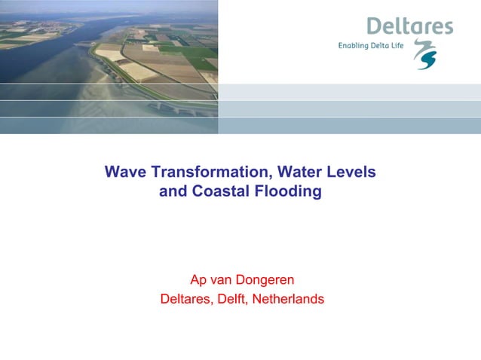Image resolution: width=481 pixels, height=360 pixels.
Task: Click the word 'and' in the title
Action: click(x=173, y=191)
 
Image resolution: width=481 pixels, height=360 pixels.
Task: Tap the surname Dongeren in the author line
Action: click(x=261, y=280)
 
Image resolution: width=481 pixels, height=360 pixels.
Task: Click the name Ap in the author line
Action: click(x=198, y=280)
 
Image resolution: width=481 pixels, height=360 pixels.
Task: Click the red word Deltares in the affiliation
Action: click(x=188, y=299)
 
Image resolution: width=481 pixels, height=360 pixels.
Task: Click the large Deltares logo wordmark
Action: click(x=409, y=26)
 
